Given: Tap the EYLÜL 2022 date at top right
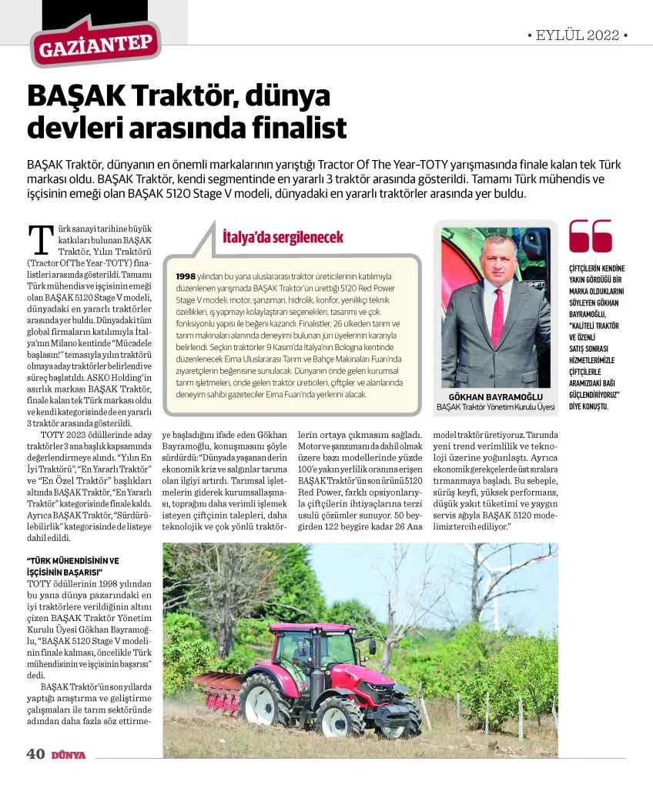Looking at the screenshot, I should (578, 35).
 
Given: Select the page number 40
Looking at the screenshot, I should (35, 754).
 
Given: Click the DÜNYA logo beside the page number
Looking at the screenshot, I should (69, 755).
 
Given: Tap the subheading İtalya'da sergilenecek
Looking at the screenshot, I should (282, 237).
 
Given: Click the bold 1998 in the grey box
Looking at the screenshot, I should (186, 275).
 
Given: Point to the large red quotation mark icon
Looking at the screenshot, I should (590, 236).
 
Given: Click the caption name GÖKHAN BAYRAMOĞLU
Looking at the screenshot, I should (495, 396).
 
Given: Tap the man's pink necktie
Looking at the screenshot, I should (497, 315).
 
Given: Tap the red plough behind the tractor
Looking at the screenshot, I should (215, 689).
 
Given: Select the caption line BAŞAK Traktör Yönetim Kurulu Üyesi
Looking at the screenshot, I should (495, 407).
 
